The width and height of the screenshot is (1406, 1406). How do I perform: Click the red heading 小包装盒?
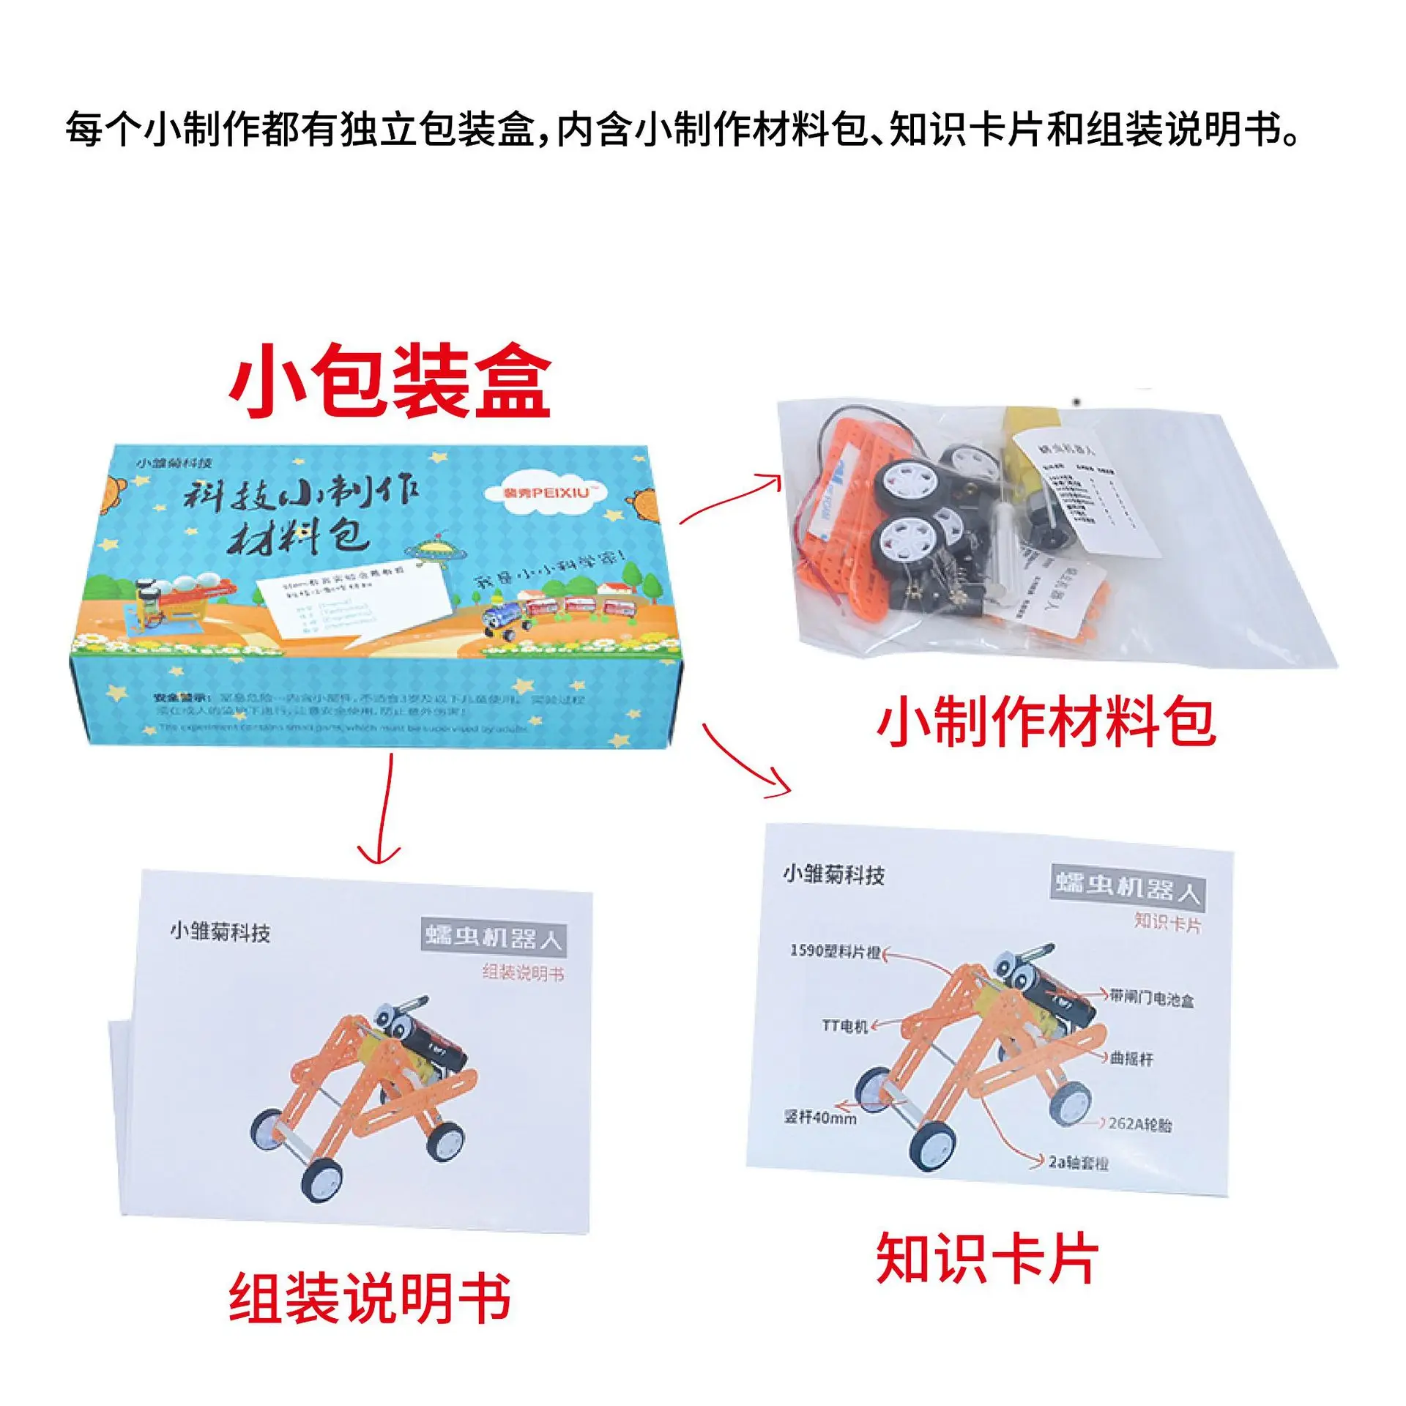click(x=390, y=382)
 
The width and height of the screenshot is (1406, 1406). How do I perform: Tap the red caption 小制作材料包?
click(x=1046, y=722)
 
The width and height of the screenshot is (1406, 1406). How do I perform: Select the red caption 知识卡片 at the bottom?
click(x=987, y=1258)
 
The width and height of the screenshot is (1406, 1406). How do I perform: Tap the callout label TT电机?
click(x=844, y=1026)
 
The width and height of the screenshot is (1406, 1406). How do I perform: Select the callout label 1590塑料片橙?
click(x=835, y=951)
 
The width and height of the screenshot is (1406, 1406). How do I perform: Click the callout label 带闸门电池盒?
click(x=1151, y=997)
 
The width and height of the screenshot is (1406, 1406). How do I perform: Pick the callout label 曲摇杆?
click(x=1131, y=1058)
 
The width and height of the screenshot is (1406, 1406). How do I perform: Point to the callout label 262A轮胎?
click(x=1139, y=1123)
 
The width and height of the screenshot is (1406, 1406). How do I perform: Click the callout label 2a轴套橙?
click(x=1078, y=1162)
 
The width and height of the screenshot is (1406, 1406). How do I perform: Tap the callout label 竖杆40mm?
click(x=820, y=1117)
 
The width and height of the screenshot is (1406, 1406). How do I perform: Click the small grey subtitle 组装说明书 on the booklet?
click(x=523, y=972)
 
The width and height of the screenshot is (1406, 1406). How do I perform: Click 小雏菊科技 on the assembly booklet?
click(x=220, y=932)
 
